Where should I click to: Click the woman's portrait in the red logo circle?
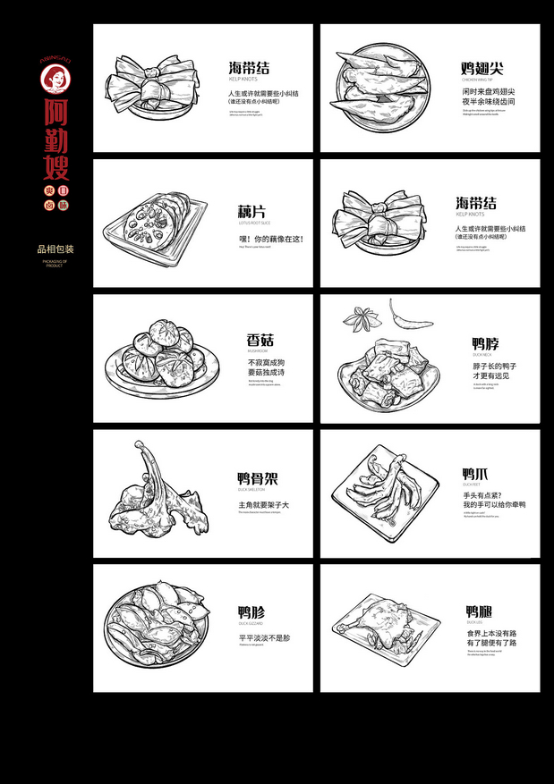tap(55, 79)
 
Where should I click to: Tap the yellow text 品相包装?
tap(55, 249)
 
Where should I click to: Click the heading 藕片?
tap(251, 212)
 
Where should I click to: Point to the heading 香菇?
tap(260, 341)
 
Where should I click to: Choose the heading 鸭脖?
tap(486, 343)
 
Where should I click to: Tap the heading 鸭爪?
tap(475, 474)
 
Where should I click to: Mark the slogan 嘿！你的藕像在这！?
tap(271, 240)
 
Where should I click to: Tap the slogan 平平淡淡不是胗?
tap(264, 638)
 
